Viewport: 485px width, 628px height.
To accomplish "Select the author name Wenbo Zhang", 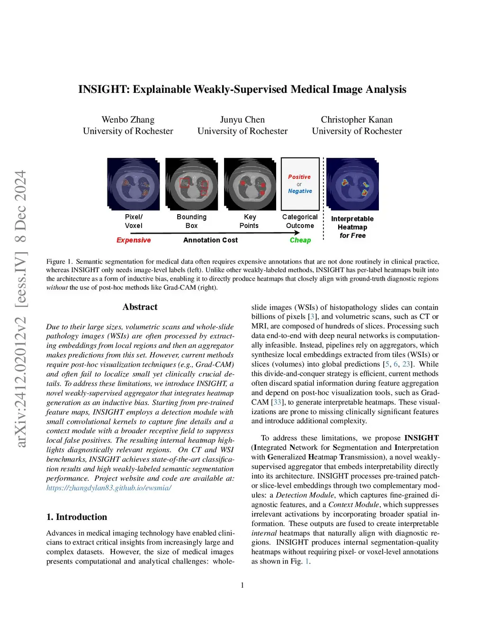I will [128, 120].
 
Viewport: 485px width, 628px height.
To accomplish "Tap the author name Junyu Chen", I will [242, 120].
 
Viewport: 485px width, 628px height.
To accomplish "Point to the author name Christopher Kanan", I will [357, 120].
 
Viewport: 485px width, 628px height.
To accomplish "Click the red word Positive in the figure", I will [299, 177].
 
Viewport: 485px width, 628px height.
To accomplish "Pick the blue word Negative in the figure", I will [300, 191].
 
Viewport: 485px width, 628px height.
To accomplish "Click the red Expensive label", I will [134, 240].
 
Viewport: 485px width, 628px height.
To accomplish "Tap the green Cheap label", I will [300, 240].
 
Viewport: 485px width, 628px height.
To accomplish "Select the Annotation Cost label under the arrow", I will [210, 240].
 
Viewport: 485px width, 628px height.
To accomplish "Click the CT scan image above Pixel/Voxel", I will [133, 184].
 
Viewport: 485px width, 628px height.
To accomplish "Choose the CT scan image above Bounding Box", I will [191, 184].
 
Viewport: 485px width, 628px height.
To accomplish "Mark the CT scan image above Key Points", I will [250, 184].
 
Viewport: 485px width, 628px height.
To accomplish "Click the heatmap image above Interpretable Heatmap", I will [352, 184].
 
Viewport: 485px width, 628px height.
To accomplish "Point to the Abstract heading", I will [140, 307].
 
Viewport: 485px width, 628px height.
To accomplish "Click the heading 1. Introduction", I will [77, 517].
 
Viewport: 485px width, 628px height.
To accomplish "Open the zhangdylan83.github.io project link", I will [109, 488].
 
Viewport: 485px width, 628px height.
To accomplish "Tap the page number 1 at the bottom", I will [242, 585].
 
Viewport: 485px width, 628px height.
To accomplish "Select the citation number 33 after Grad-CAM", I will [277, 402].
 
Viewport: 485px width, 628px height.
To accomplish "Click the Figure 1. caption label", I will [59, 262].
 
